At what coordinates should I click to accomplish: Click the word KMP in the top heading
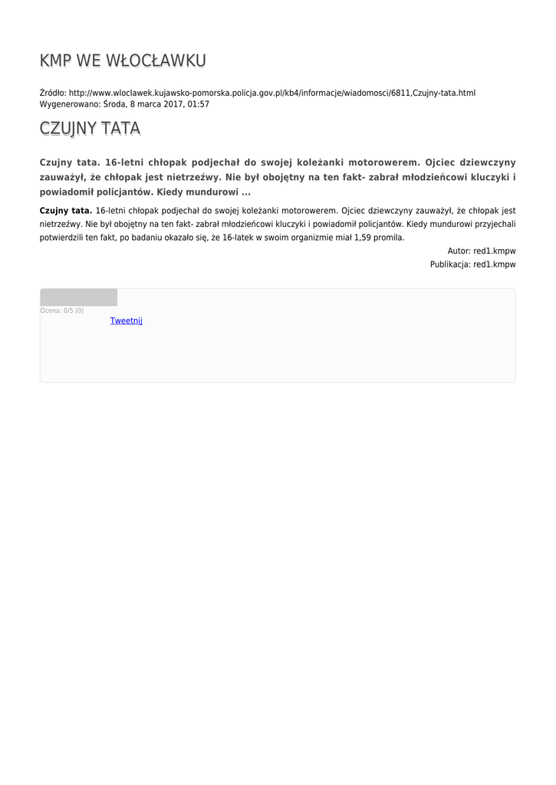click(56, 61)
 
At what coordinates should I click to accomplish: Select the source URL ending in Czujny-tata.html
click(272, 93)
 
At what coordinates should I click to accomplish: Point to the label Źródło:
click(53, 93)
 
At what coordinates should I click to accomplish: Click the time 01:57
click(198, 103)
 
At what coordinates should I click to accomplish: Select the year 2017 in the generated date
click(173, 103)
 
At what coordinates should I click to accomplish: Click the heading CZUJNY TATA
click(90, 129)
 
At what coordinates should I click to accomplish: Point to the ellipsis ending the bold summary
click(246, 192)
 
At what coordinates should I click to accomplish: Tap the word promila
click(390, 238)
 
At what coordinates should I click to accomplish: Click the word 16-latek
click(238, 238)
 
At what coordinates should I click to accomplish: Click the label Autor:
click(459, 251)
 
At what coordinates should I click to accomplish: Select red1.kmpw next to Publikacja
click(495, 264)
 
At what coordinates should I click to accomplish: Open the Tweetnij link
click(126, 320)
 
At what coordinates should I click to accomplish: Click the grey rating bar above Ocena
click(78, 297)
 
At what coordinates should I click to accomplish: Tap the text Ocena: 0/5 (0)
click(62, 310)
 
